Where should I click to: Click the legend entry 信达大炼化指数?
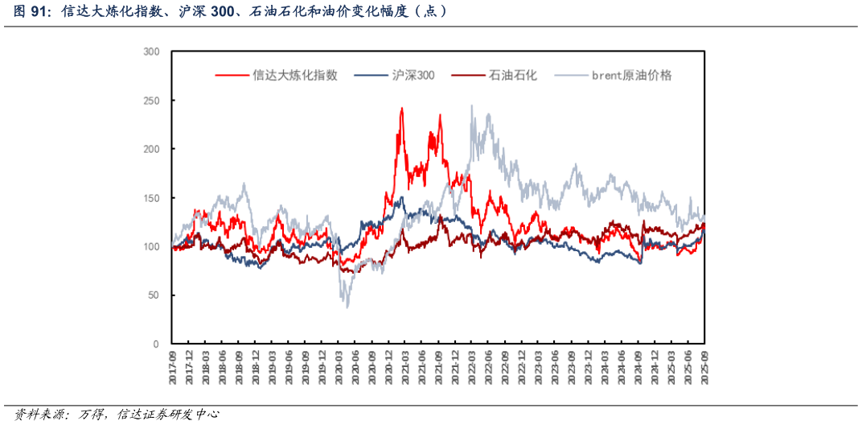(x=294, y=75)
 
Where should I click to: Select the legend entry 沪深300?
(x=413, y=75)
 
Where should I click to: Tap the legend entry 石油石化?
(x=512, y=75)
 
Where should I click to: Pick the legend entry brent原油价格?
(x=631, y=75)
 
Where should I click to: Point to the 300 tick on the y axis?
(x=151, y=52)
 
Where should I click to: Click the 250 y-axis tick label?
(x=151, y=101)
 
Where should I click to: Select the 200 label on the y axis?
(x=151, y=149)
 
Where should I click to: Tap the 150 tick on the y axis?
(x=151, y=198)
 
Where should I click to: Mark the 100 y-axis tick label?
(x=151, y=246)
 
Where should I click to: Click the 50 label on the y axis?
(x=154, y=295)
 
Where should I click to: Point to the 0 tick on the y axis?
(x=156, y=344)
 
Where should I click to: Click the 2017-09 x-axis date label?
(x=173, y=367)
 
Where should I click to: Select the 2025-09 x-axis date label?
(x=705, y=367)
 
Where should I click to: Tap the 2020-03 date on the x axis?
(x=339, y=367)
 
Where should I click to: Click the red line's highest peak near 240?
(x=402, y=109)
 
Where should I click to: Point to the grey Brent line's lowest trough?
(x=347, y=307)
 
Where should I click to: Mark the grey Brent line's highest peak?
(x=472, y=105)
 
